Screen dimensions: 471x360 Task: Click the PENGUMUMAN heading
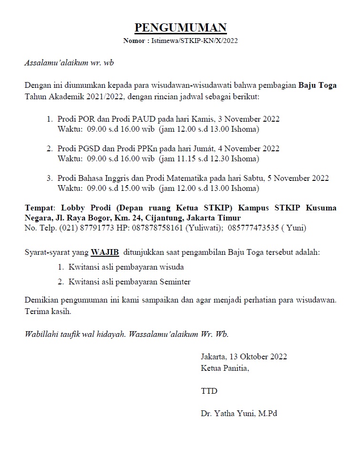tap(180, 28)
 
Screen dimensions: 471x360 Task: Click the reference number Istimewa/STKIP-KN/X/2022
tap(195, 41)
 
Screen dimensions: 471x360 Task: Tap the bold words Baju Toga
tap(318, 86)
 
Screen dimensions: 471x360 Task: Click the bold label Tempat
tap(40, 208)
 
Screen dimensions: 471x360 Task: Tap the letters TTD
tap(209, 391)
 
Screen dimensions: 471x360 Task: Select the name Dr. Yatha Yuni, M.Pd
tap(239, 414)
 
